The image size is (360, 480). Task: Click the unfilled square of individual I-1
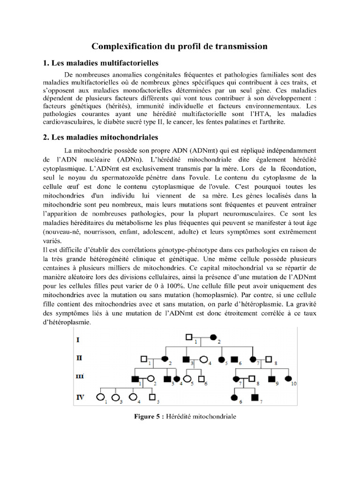[189, 337]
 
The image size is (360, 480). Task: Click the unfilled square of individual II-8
[268, 360]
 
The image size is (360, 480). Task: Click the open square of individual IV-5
[151, 397]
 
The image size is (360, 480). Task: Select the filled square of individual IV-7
[255, 397]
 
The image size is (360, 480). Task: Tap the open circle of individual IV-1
[100, 397]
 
